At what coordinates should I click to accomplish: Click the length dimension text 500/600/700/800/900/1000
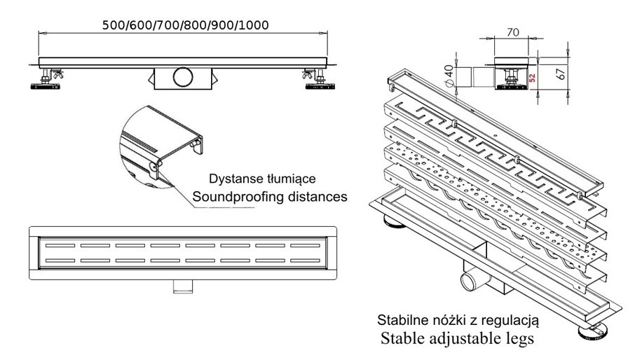click(186, 24)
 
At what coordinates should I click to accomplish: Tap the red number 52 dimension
click(532, 77)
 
